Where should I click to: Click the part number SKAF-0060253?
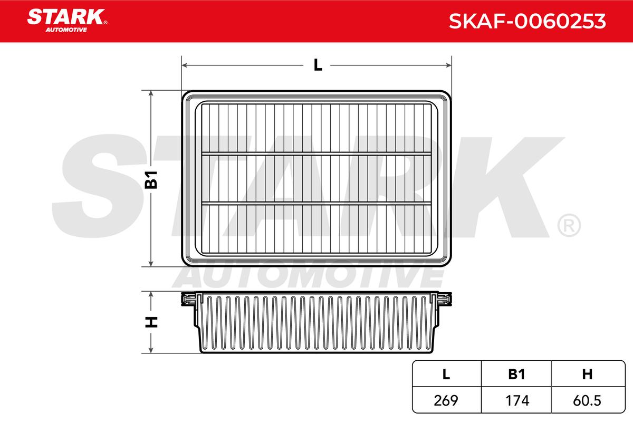pos(527,21)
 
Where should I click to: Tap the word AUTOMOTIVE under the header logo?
pos(66,30)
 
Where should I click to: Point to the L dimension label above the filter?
pos(318,65)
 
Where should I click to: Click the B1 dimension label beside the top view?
pos(151,180)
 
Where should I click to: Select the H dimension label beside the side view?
pos(151,322)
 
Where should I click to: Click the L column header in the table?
pos(446,374)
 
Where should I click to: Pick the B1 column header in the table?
pos(516,374)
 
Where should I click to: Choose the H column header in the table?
pos(587,374)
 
